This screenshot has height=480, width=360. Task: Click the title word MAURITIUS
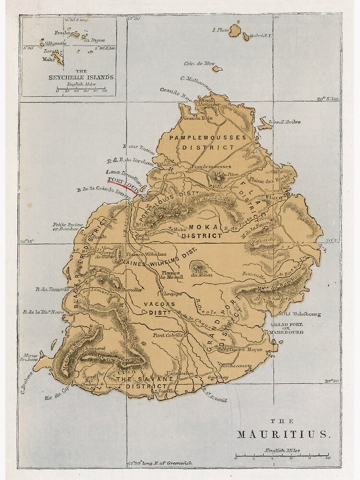point(284,434)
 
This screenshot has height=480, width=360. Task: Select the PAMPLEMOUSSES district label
point(207,137)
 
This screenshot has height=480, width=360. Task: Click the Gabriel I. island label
point(263,36)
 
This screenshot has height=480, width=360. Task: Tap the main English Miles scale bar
point(281,455)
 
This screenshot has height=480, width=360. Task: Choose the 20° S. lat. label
point(328,99)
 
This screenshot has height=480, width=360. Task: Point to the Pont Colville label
point(169,334)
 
